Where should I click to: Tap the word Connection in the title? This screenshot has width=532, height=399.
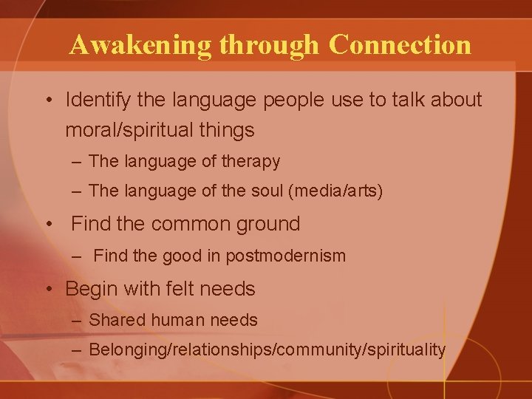[x=400, y=45]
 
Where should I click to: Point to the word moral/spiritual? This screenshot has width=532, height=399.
[x=130, y=131]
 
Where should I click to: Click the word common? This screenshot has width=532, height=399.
[x=199, y=223]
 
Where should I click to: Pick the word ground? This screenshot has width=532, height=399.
[x=268, y=224]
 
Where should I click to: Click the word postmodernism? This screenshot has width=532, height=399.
[x=293, y=256]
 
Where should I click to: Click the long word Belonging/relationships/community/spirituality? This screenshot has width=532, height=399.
[x=267, y=349]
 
